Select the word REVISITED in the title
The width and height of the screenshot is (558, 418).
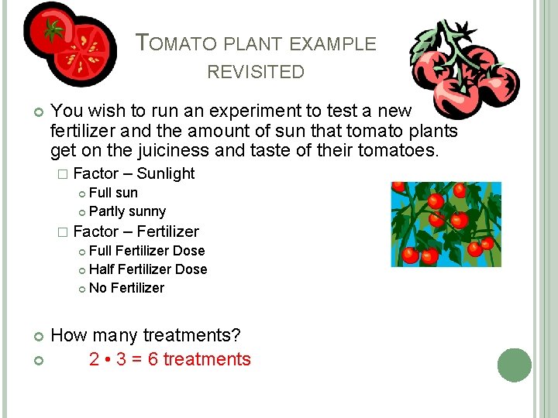tap(256, 73)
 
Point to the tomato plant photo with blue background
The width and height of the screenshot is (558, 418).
tap(445, 224)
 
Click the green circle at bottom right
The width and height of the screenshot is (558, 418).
tap(515, 365)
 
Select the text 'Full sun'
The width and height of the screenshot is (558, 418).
tap(113, 193)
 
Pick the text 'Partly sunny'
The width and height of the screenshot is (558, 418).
tap(127, 211)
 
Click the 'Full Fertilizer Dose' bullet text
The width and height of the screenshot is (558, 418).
tap(146, 251)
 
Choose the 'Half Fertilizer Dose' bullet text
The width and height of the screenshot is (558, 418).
tap(148, 269)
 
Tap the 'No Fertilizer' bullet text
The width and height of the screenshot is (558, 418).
tap(126, 288)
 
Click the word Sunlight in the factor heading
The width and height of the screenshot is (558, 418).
tap(165, 173)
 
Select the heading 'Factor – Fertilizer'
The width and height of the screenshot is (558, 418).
tap(136, 231)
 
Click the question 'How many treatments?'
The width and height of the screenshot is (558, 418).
tap(146, 335)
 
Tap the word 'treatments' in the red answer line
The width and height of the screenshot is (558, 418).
tap(207, 359)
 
